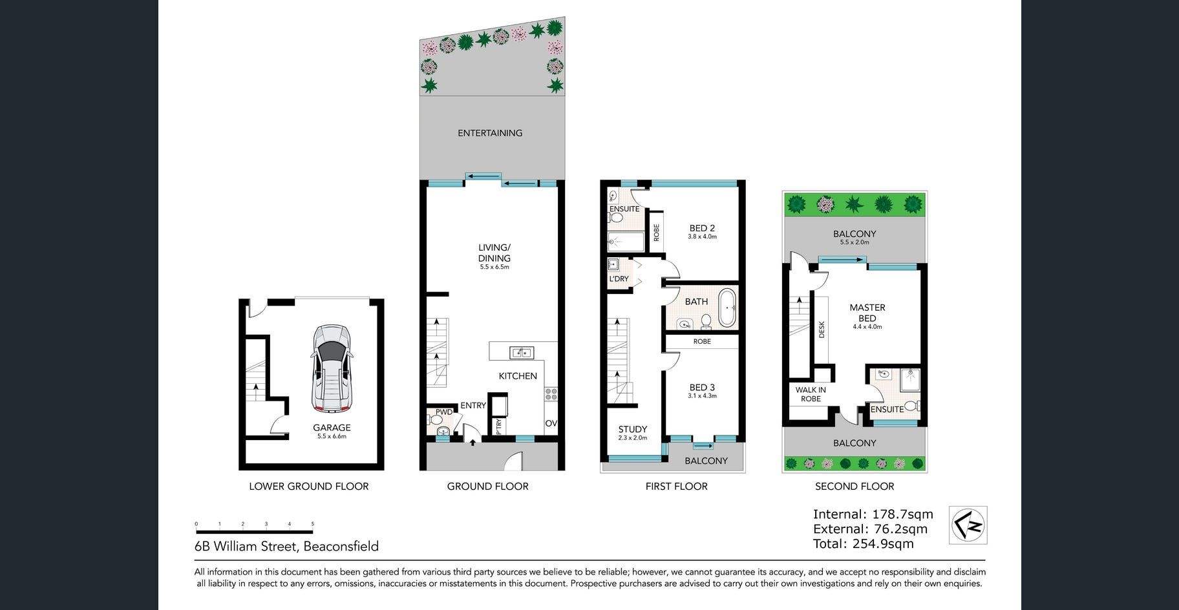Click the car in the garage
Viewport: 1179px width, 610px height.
pos(332,368)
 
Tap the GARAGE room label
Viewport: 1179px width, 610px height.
pos(332,427)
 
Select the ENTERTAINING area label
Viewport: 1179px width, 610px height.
pos(490,133)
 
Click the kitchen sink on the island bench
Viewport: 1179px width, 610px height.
pos(521,353)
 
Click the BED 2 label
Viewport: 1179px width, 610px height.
pos(702,228)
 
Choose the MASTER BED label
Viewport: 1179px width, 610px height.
pos(867,313)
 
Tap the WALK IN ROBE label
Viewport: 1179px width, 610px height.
pos(811,394)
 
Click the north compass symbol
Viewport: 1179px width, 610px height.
pos(968,525)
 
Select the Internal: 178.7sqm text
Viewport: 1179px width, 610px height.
pos(873,514)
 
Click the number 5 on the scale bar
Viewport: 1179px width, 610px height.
pos(313,524)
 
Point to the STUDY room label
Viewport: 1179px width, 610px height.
pos(632,429)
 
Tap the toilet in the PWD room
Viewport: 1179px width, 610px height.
pos(436,420)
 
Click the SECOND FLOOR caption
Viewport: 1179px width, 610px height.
pos(855,486)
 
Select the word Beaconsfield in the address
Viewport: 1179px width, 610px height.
pos(341,546)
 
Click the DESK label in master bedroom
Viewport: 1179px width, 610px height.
pos(822,330)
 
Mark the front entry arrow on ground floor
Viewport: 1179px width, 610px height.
pos(473,442)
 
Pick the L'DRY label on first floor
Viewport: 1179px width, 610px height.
pos(619,279)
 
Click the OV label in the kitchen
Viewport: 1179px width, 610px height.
pos(551,424)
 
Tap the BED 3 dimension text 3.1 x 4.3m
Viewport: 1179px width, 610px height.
pos(702,396)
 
